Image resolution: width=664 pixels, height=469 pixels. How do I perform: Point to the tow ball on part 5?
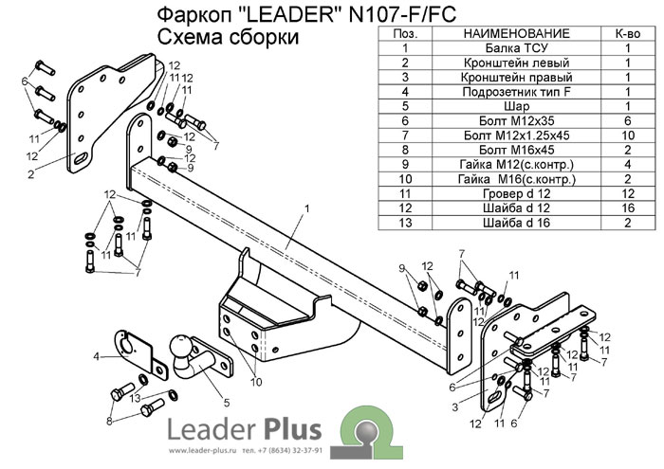click(179, 348)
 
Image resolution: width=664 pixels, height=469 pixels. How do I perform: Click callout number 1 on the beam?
click(307, 207)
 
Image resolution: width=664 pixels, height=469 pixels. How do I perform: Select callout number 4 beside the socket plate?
click(97, 356)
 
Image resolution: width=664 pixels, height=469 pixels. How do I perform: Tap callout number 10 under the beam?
click(256, 382)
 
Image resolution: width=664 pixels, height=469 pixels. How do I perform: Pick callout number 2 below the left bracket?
click(31, 174)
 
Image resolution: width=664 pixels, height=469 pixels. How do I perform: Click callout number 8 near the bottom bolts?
click(109, 420)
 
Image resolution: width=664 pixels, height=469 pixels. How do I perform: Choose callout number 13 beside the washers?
click(136, 398)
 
